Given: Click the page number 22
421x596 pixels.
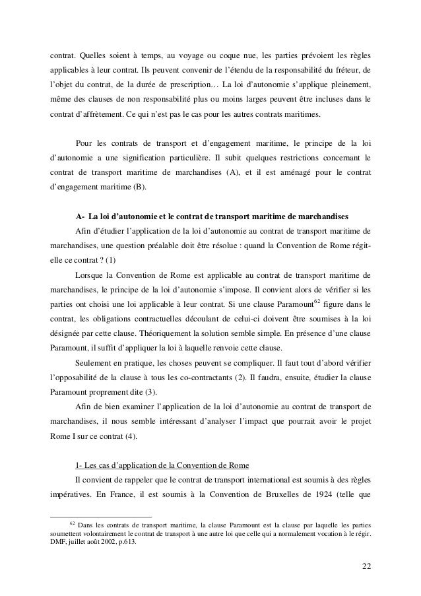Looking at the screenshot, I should [x=366, y=566].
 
